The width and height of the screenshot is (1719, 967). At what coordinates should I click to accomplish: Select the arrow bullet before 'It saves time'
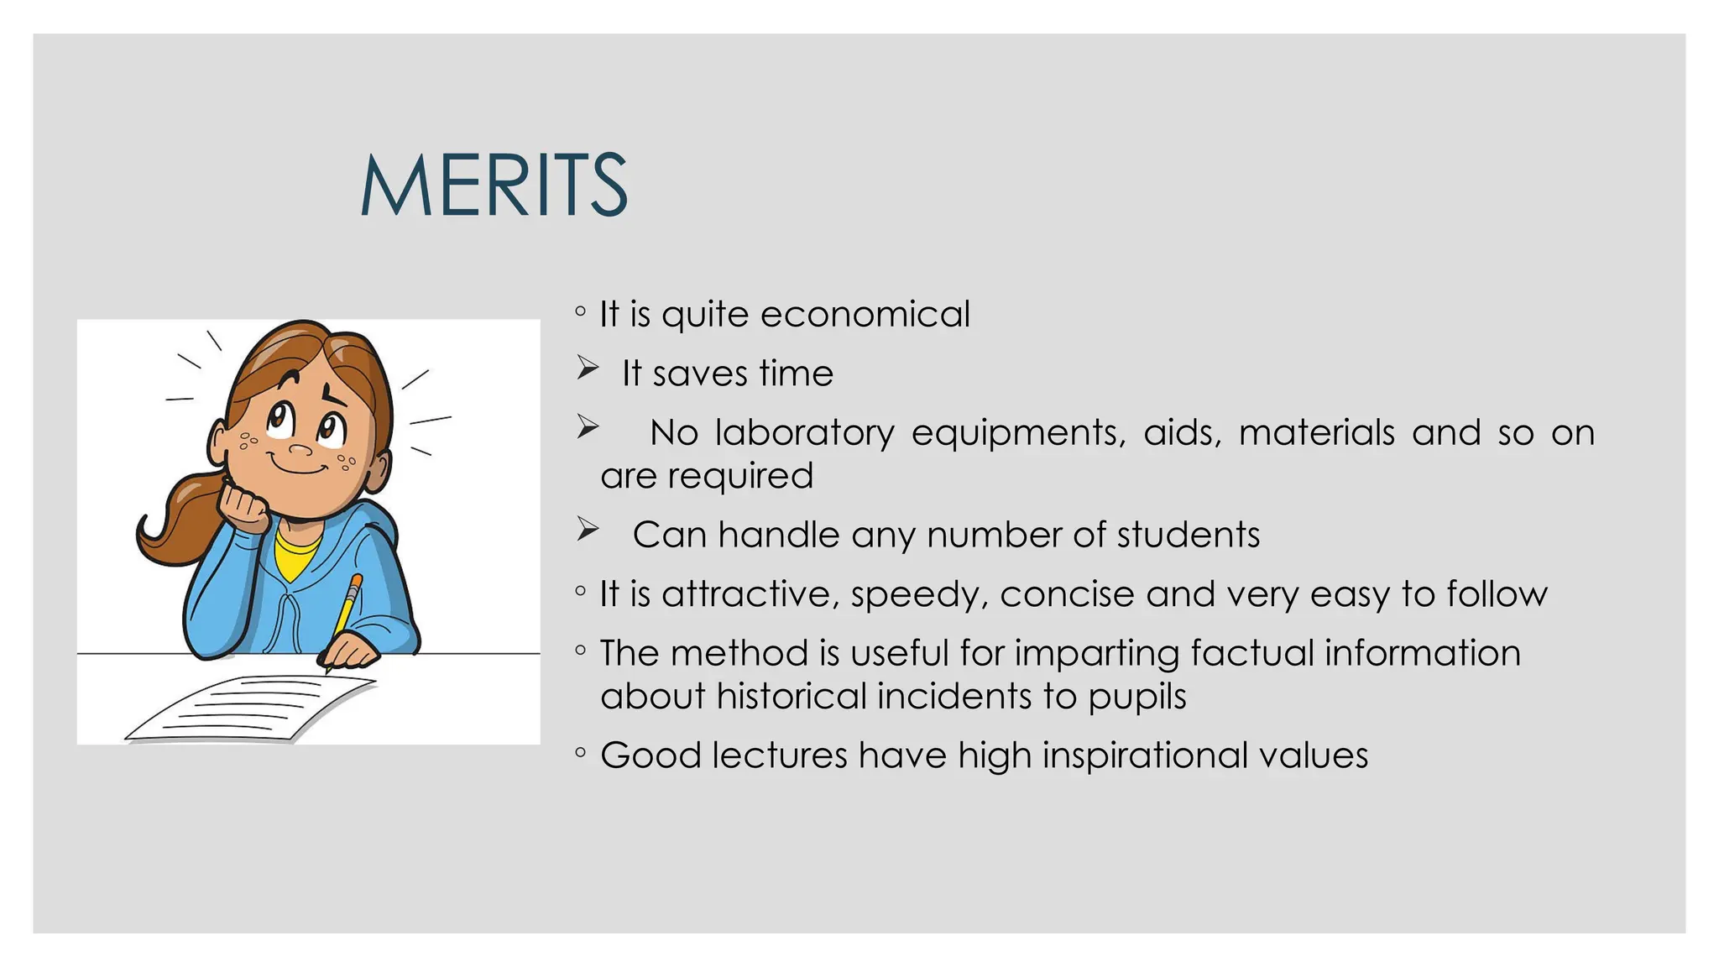[588, 369]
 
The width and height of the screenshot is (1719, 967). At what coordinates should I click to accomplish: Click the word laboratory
[804, 433]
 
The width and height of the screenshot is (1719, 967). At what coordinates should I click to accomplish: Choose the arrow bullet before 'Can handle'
[588, 530]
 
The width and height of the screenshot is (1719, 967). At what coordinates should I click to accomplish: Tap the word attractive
[750, 594]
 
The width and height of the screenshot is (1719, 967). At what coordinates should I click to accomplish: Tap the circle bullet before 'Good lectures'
[580, 753]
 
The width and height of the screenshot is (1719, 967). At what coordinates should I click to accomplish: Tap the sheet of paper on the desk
[252, 709]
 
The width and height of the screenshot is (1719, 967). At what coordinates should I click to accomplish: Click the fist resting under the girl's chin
[244, 508]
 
